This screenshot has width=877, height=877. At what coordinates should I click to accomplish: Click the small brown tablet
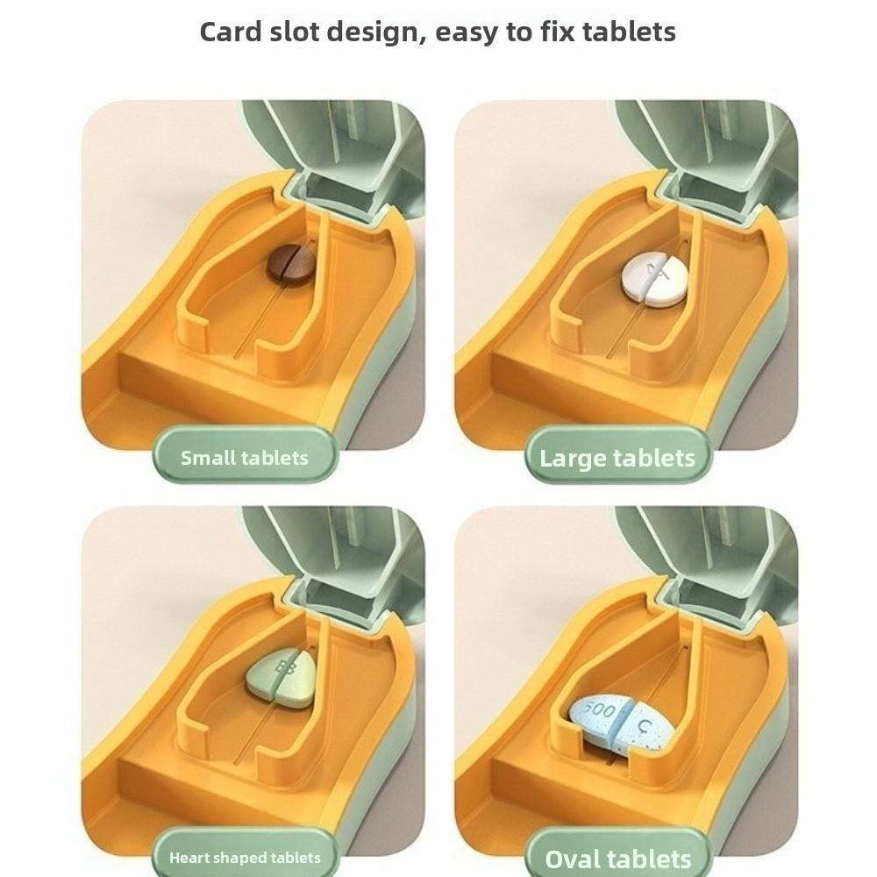point(291,262)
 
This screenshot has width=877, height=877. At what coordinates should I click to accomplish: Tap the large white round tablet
point(654,280)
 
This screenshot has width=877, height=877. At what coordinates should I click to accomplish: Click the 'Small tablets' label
point(244,457)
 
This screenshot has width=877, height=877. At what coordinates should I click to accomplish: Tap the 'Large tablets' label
point(617,458)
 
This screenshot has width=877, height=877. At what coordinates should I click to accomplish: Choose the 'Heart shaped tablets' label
point(245,858)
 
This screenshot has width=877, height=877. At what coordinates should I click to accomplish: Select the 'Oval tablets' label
point(617,859)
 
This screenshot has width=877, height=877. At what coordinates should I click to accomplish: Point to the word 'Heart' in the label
point(190,858)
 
